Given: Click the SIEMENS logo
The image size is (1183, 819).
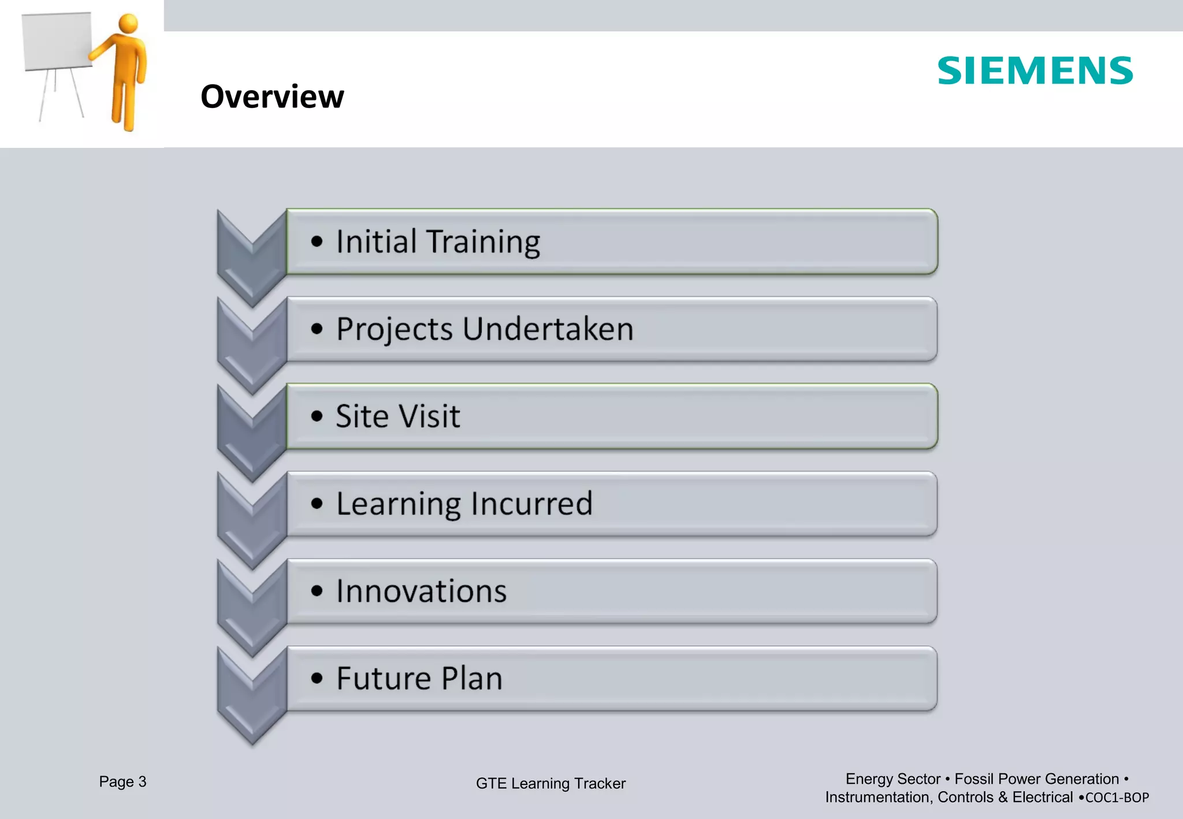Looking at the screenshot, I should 1035,71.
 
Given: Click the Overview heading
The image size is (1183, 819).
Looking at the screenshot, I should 272,96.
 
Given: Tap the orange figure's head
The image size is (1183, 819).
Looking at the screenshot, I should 128,24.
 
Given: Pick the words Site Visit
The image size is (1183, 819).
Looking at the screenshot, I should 397,416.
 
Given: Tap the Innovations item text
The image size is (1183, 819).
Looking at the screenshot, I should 421,591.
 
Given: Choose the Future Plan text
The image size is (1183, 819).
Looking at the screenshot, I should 419,679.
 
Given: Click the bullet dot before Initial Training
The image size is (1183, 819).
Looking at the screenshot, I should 317,241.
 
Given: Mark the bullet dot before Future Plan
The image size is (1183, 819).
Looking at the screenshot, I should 317,678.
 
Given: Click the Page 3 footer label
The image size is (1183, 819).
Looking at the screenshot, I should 122,782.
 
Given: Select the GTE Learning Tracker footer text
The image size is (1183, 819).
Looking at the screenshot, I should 550,784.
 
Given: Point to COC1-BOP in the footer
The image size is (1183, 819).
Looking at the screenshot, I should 1117,798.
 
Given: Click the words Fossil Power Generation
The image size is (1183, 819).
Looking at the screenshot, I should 1036,779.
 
